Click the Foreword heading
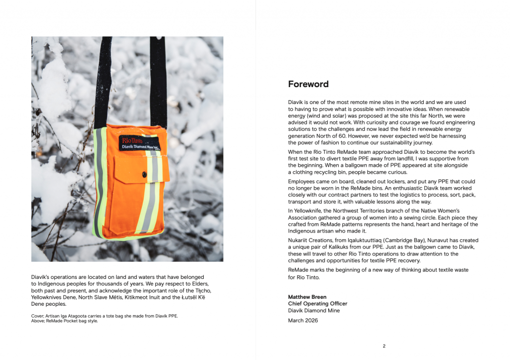click(x=308, y=84)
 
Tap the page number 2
click(x=384, y=346)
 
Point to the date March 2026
click(x=303, y=321)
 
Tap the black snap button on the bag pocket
click(x=144, y=174)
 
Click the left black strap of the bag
click(x=103, y=80)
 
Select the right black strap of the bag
click(x=158, y=80)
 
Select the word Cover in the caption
click(x=38, y=316)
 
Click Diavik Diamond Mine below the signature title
click(x=314, y=310)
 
